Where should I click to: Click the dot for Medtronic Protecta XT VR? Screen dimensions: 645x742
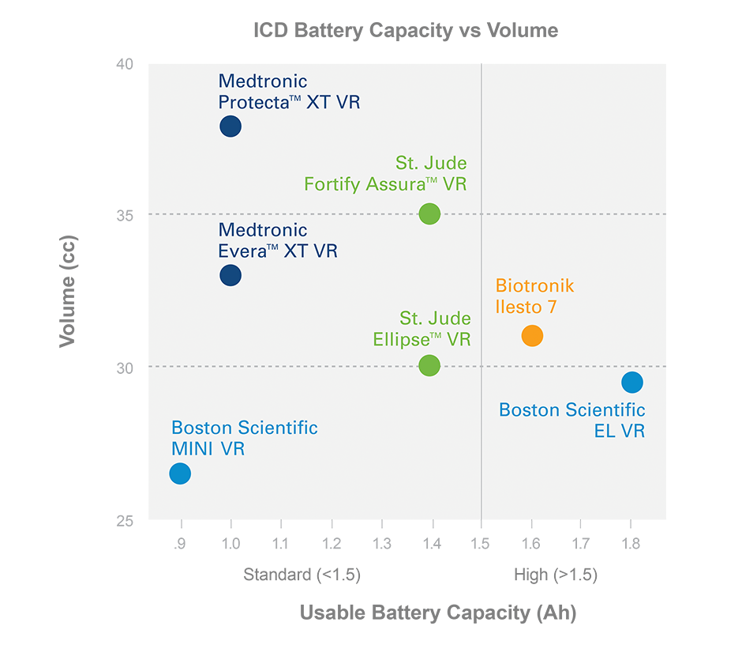[x=230, y=126]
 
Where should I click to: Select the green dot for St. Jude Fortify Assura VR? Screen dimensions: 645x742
[x=429, y=213]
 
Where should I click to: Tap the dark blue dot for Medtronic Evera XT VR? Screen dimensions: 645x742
[x=230, y=275]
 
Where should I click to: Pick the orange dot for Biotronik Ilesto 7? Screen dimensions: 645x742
[x=533, y=336]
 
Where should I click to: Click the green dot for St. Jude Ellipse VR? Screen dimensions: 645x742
[x=429, y=365]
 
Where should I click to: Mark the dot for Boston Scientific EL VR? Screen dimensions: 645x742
[x=632, y=383]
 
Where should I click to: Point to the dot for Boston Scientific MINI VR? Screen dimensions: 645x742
[x=180, y=473]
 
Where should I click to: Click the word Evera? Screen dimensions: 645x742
[x=242, y=251]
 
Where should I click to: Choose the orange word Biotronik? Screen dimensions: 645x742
[x=534, y=286]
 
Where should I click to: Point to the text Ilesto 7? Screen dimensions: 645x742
[x=526, y=307]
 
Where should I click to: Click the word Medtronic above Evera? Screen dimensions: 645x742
[x=262, y=231]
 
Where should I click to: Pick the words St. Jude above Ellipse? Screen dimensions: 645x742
[x=435, y=319]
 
